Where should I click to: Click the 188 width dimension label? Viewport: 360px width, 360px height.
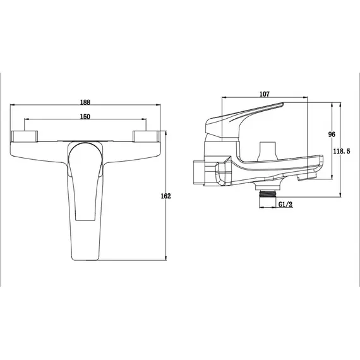(85, 102)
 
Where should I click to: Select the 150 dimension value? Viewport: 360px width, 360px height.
(85, 117)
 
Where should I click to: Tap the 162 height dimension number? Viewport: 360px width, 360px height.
(165, 196)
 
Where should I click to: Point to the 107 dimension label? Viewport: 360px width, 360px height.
(265, 94)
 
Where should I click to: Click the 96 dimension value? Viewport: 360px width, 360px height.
(332, 135)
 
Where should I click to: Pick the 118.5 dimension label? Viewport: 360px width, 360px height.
(342, 152)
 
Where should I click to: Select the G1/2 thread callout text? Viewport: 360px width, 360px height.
(285, 204)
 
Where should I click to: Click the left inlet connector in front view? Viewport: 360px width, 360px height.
(25, 136)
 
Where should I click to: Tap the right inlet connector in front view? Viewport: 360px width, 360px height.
(146, 136)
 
